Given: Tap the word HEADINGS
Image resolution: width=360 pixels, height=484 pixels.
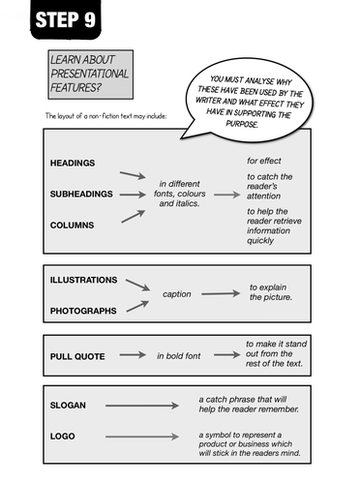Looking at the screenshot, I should [73, 163].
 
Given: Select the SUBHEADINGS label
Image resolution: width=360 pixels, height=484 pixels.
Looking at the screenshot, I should [81, 194].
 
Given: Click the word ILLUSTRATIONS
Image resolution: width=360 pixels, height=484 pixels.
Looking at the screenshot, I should [83, 280].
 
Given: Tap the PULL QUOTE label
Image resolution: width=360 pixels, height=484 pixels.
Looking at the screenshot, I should [76, 356].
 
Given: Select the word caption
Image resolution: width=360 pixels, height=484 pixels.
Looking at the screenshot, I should [177, 294].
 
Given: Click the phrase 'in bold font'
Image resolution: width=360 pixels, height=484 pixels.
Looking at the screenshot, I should [179, 356].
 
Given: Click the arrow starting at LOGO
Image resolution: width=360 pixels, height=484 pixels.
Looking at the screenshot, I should [144, 437].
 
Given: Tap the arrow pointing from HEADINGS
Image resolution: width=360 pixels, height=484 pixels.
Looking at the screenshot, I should [133, 175].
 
